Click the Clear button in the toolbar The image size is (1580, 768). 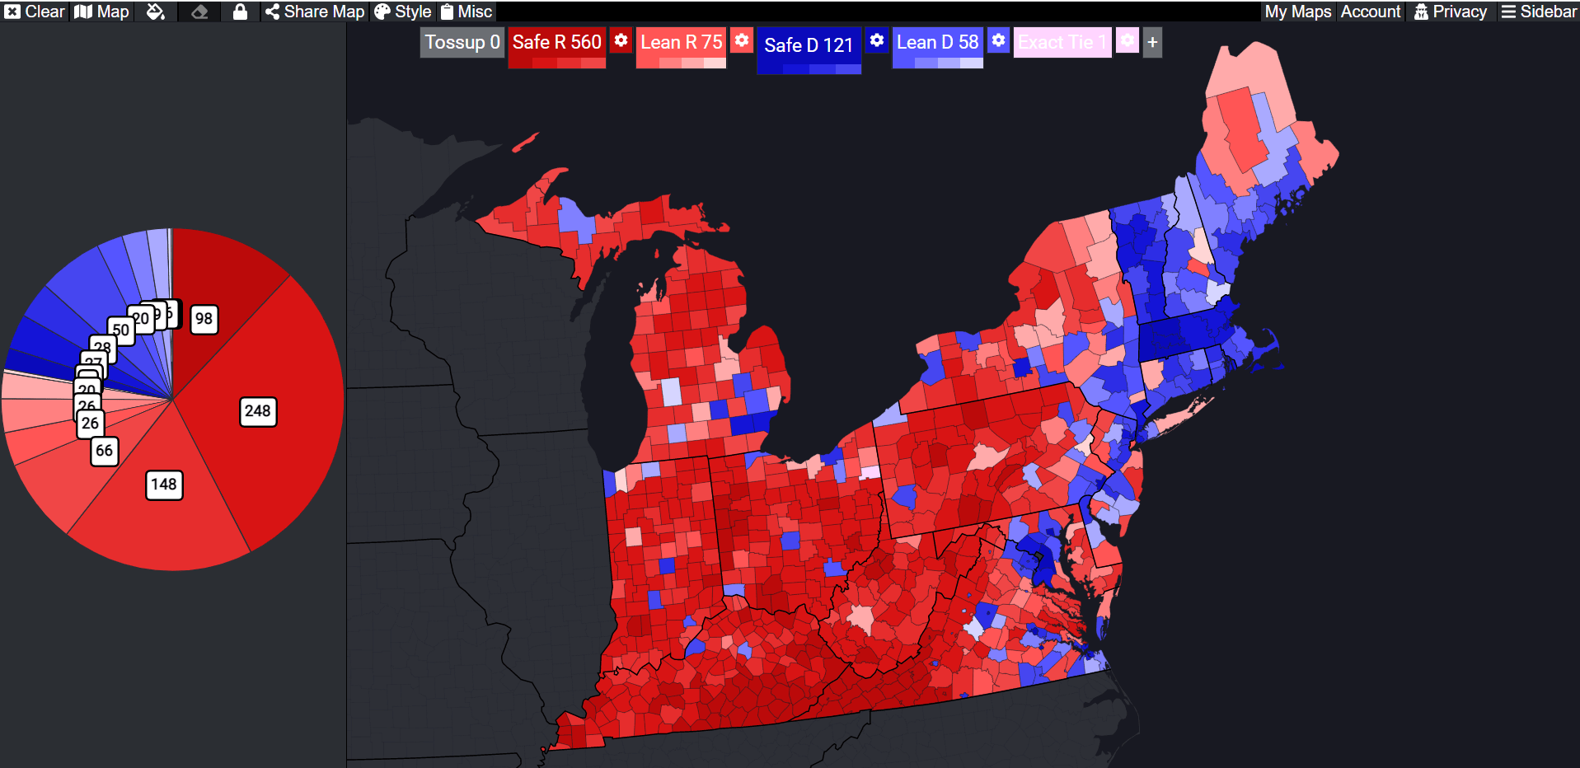pyautogui.click(x=35, y=12)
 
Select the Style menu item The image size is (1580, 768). pyautogui.click(x=403, y=12)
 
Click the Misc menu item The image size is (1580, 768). pyautogui.click(x=466, y=12)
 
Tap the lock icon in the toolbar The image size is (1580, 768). pyautogui.click(x=240, y=12)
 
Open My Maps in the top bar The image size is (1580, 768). pyautogui.click(x=1297, y=12)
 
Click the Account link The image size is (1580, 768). pyautogui.click(x=1370, y=12)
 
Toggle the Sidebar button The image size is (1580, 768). pyautogui.click(x=1538, y=12)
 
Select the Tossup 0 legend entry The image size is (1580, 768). pyautogui.click(x=462, y=42)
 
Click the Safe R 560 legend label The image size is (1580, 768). pyautogui.click(x=556, y=42)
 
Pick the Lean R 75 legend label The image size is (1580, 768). pyautogui.click(x=681, y=42)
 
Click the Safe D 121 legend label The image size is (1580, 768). pyautogui.click(x=808, y=44)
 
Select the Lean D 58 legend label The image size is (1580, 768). pyautogui.click(x=937, y=42)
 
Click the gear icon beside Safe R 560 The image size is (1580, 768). pyautogui.click(x=621, y=40)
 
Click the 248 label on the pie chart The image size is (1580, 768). pyautogui.click(x=258, y=411)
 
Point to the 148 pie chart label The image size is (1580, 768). pyautogui.click(x=164, y=485)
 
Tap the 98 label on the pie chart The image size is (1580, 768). pyautogui.click(x=204, y=319)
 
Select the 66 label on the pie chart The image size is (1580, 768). pyautogui.click(x=104, y=451)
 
